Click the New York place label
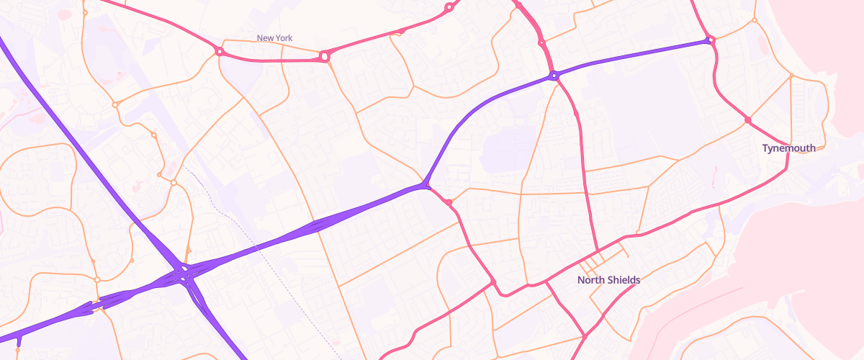[x=275, y=38]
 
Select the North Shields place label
[x=608, y=280]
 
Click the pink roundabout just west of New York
[x=218, y=51]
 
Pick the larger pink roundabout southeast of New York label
[x=324, y=55]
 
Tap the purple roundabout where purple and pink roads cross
[x=554, y=75]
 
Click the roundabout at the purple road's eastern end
[x=709, y=40]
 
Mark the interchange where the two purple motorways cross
[x=184, y=273]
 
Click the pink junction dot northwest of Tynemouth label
[x=748, y=120]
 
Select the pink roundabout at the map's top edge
[x=449, y=7]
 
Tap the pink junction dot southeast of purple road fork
[x=449, y=202]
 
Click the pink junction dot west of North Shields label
[x=493, y=281]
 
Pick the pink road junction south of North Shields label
[x=585, y=336]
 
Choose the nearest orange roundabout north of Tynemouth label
[x=791, y=76]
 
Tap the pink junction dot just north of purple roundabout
[x=542, y=43]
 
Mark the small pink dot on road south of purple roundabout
[x=577, y=114]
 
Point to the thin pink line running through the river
[x=706, y=302]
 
